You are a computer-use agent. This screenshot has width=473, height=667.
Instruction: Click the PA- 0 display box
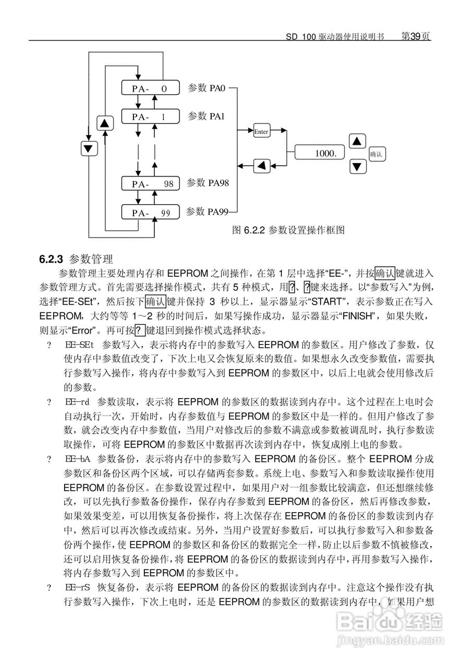[x=150, y=88]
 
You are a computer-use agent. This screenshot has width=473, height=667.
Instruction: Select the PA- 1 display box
[x=150, y=117]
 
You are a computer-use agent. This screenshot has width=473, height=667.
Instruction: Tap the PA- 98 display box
[x=150, y=184]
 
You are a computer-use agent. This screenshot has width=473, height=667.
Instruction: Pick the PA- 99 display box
[x=150, y=213]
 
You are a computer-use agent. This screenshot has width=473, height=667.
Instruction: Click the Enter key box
[x=261, y=131]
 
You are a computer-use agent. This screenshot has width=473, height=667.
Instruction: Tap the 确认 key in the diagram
[x=377, y=154]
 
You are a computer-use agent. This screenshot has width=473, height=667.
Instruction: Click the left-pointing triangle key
[x=262, y=166]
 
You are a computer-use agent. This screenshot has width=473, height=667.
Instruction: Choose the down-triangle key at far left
[x=90, y=148]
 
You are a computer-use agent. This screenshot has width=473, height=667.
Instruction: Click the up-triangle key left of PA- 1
[x=106, y=123]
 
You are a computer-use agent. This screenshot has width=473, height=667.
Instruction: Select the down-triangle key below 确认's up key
[x=357, y=167]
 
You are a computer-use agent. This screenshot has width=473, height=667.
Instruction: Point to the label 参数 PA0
[x=205, y=88]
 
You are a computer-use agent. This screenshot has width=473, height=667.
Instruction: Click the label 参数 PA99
[x=207, y=212]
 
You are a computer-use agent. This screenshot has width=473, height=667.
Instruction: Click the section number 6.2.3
[x=51, y=258]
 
